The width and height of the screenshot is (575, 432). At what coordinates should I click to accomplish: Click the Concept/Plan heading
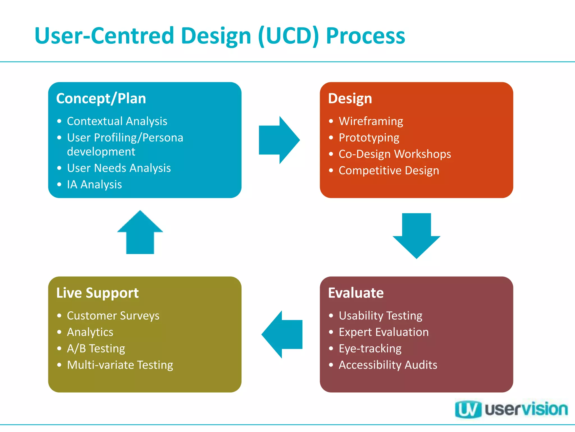click(101, 98)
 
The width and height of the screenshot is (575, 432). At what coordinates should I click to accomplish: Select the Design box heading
click(350, 98)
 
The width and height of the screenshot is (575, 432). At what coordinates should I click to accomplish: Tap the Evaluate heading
click(356, 293)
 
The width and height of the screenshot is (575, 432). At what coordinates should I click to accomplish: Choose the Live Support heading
click(97, 293)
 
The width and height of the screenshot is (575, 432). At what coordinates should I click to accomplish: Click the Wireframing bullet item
click(371, 121)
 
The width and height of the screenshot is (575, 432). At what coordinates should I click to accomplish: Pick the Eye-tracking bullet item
click(370, 348)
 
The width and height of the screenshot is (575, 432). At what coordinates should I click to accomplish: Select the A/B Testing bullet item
click(96, 348)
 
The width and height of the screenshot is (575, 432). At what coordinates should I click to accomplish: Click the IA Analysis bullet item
click(94, 184)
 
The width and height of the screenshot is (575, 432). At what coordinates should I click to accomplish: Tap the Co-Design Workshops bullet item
click(394, 154)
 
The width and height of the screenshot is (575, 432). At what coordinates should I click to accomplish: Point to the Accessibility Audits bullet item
click(388, 365)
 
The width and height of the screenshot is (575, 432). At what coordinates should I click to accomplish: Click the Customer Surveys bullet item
click(113, 316)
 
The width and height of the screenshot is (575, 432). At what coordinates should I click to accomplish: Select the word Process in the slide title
click(365, 36)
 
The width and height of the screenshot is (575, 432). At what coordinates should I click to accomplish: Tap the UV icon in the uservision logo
click(468, 409)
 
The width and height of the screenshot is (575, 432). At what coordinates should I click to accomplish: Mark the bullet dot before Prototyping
click(331, 138)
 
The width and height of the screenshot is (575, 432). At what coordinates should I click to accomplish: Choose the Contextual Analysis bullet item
click(117, 121)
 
